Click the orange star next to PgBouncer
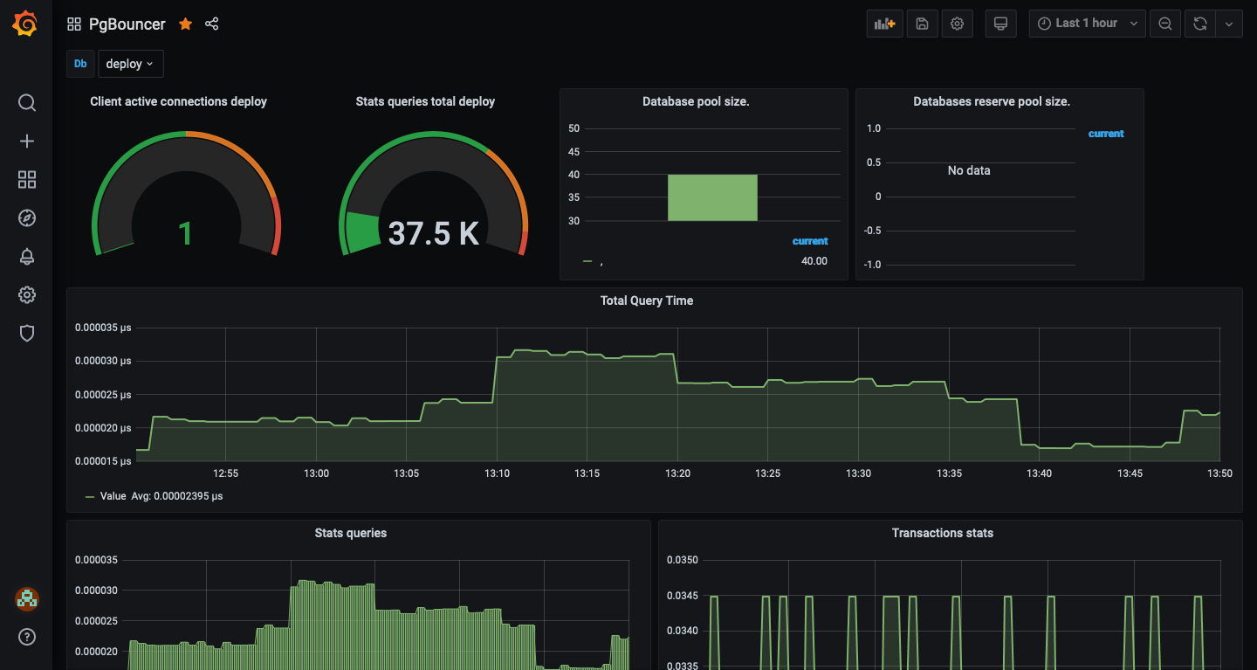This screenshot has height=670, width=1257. pos(185,24)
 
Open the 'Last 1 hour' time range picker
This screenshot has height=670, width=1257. pos(1086,24)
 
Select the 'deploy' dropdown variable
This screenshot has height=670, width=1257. pos(130,64)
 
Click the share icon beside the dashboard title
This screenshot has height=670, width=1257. pos(211,24)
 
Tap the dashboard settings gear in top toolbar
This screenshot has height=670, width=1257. pos(957,24)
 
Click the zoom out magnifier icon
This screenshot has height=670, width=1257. pos(1164,24)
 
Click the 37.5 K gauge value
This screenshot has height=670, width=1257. pos(433,233)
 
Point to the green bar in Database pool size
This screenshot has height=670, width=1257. pos(712,197)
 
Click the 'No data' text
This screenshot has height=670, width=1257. pos(969,170)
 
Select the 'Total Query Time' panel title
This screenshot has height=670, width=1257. pos(647,300)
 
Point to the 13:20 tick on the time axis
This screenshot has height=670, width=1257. pos(677,473)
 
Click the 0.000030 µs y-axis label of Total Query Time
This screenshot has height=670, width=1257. pos(102,361)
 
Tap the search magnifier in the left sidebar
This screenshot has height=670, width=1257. pos(27,103)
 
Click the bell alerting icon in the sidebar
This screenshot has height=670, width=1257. pos(27,256)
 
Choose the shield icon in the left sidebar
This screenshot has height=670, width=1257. pos(27,333)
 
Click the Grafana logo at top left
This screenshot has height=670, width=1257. pos(25,24)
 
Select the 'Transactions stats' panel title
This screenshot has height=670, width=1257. pos(942,533)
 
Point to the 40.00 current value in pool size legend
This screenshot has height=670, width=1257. pos(814,261)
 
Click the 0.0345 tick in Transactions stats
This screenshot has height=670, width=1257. pos(683,596)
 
